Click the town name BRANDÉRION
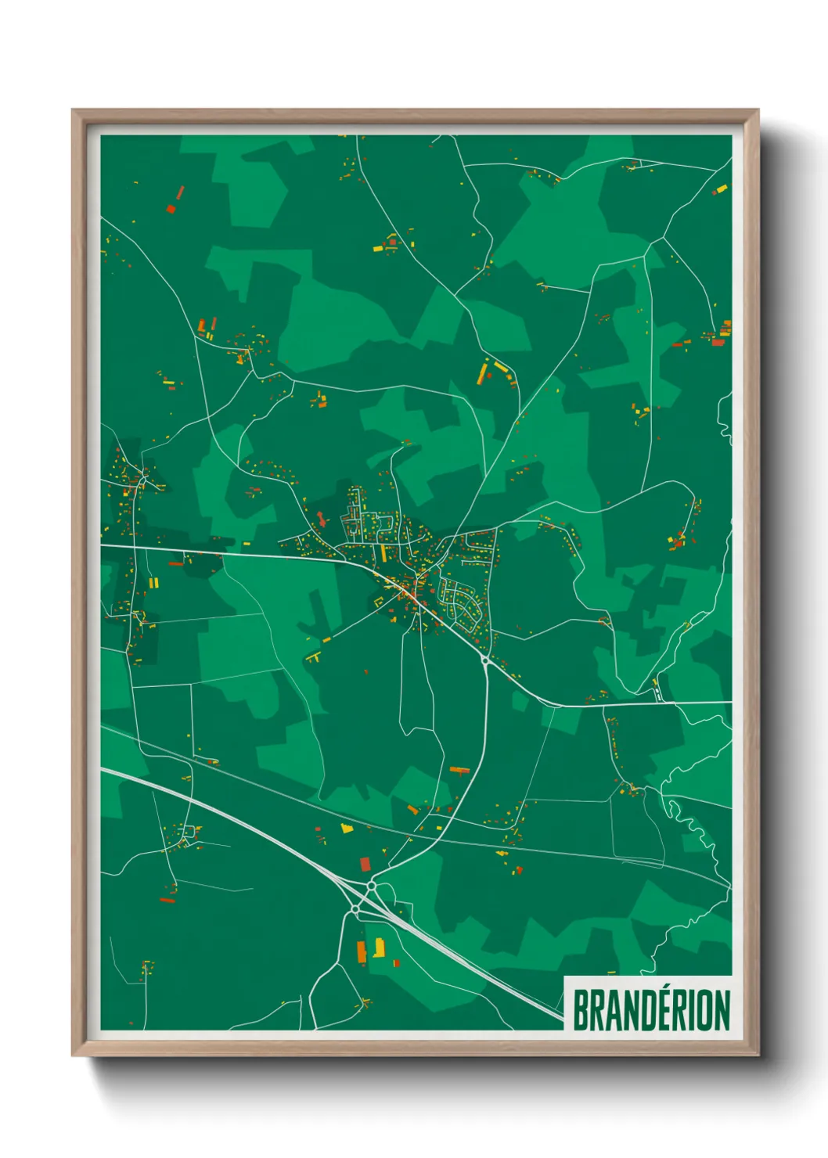click(x=651, y=1010)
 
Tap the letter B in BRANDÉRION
click(x=581, y=1010)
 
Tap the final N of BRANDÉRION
click(x=722, y=1010)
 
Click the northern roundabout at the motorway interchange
click(x=371, y=886)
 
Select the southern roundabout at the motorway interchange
click(x=355, y=910)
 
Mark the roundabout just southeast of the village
click(x=486, y=662)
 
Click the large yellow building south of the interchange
click(x=380, y=948)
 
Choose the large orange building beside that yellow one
click(x=362, y=951)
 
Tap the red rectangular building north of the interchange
click(x=365, y=864)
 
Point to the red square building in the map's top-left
click(x=171, y=209)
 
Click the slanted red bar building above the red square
click(x=180, y=192)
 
